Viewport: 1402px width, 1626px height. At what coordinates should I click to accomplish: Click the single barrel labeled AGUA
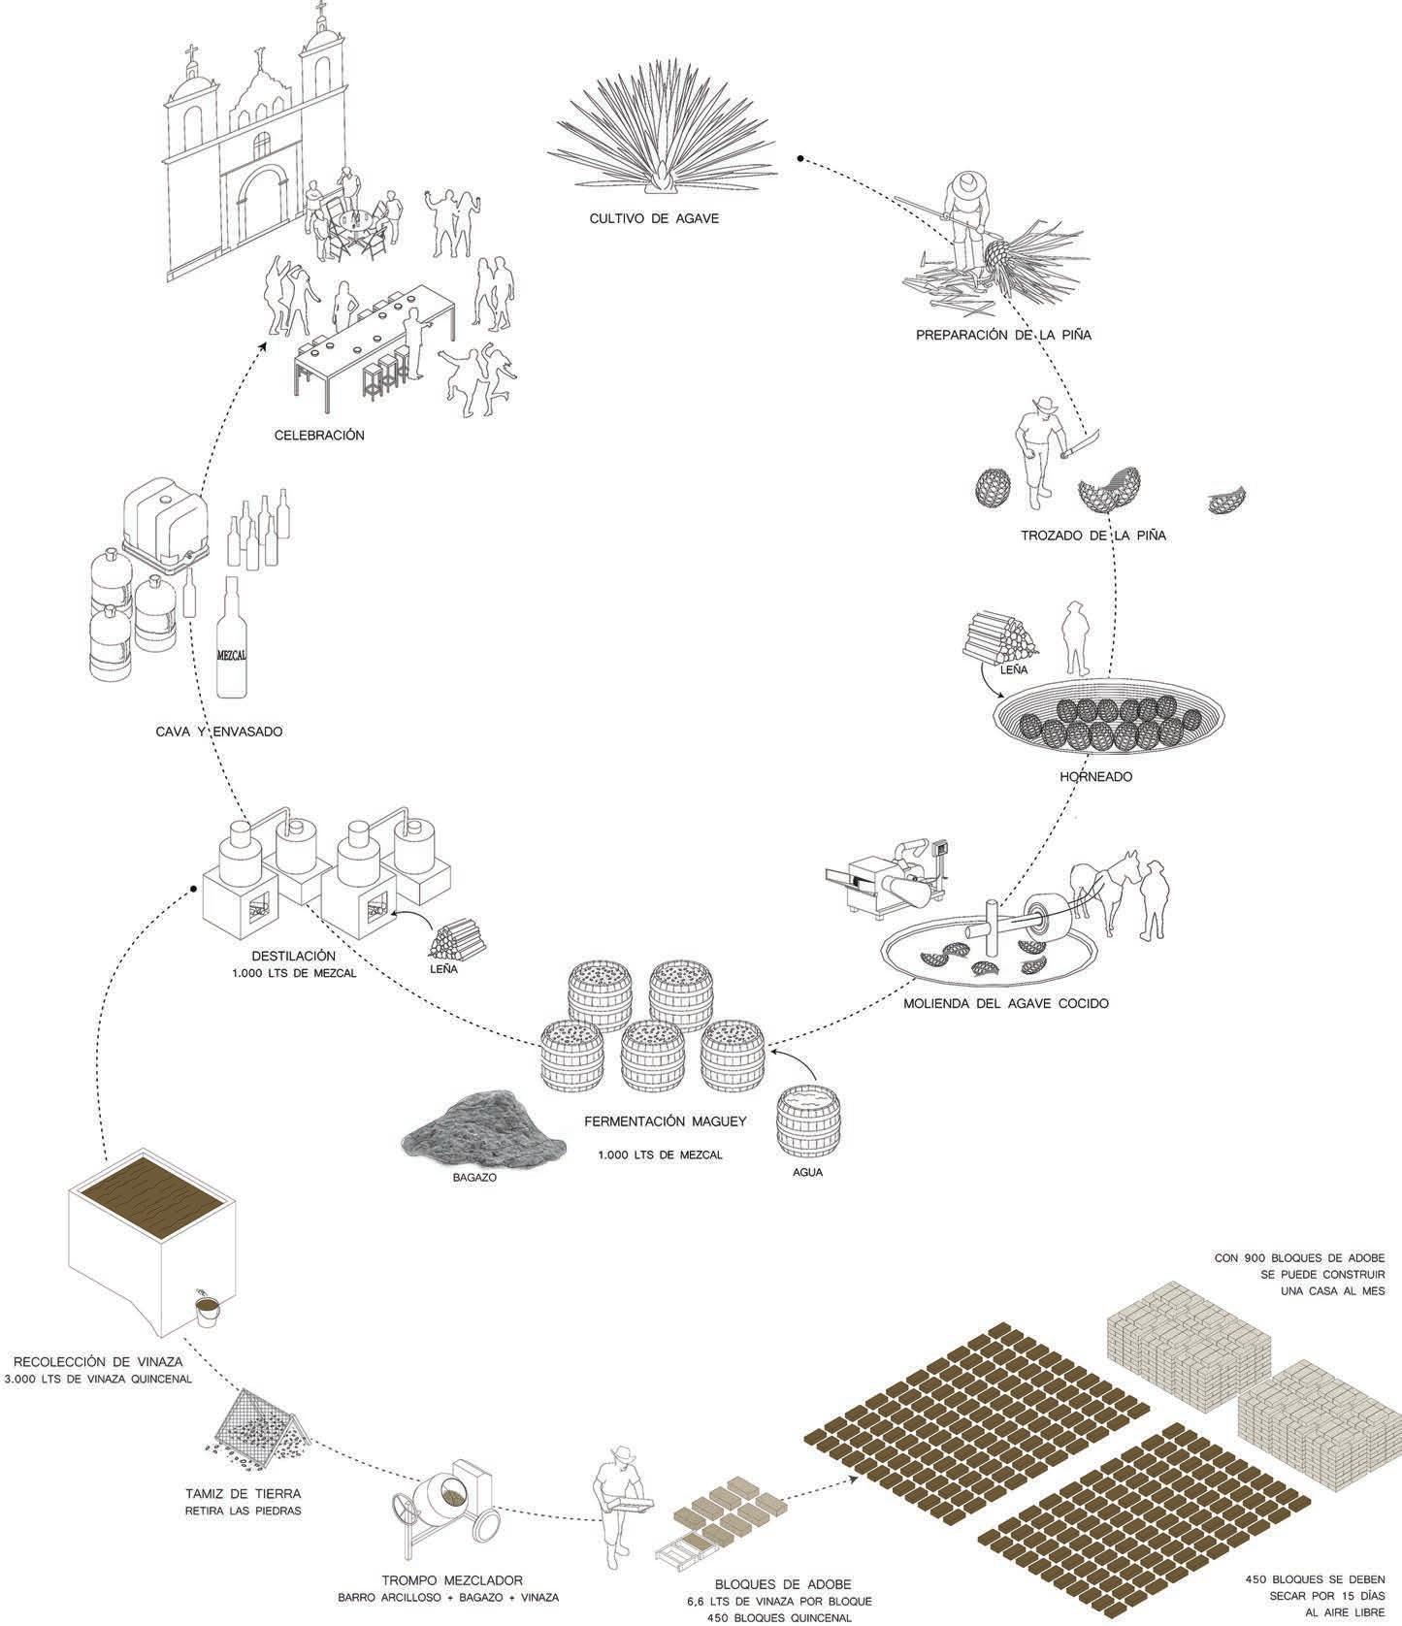pyautogui.click(x=808, y=1121)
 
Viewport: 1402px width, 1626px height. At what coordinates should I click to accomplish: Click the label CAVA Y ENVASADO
pyautogui.click(x=219, y=732)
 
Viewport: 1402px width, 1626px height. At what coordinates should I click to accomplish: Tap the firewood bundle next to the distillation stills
pyautogui.click(x=458, y=939)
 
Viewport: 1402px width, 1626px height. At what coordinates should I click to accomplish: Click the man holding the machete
pyautogui.click(x=1038, y=451)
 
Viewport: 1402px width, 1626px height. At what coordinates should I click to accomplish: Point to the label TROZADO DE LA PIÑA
pyautogui.click(x=1092, y=535)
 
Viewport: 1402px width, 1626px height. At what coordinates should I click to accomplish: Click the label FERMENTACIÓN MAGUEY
pyautogui.click(x=665, y=1122)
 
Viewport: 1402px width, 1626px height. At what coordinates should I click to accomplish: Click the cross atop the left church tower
pyautogui.click(x=190, y=53)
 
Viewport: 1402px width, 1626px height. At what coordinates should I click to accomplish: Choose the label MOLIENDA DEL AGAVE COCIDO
pyautogui.click(x=1005, y=1003)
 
